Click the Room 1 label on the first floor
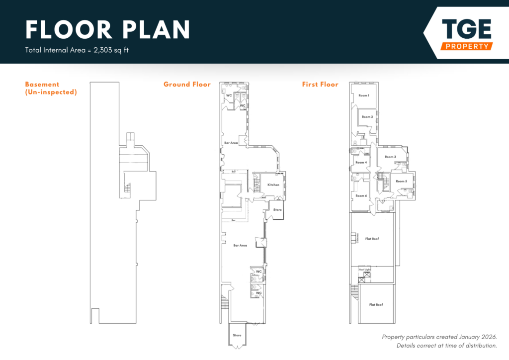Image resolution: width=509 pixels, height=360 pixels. [x=364, y=95]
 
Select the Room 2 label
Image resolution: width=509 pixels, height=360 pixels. [x=367, y=117]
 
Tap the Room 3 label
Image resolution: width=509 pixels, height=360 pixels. [x=390, y=157]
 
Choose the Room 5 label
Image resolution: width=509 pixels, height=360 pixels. [x=401, y=181]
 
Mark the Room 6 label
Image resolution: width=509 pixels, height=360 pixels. [x=361, y=195]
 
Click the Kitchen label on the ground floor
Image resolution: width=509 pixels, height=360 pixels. [x=273, y=185]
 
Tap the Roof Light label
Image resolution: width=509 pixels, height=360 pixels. [x=365, y=270]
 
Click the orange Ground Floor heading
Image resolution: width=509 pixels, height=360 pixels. [x=187, y=85]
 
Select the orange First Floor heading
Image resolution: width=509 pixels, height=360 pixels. [x=320, y=85]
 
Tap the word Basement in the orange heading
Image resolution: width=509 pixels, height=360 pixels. [x=42, y=85]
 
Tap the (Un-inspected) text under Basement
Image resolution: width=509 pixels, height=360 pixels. [x=51, y=92]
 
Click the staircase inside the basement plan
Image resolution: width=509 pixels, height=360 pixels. [x=126, y=189]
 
